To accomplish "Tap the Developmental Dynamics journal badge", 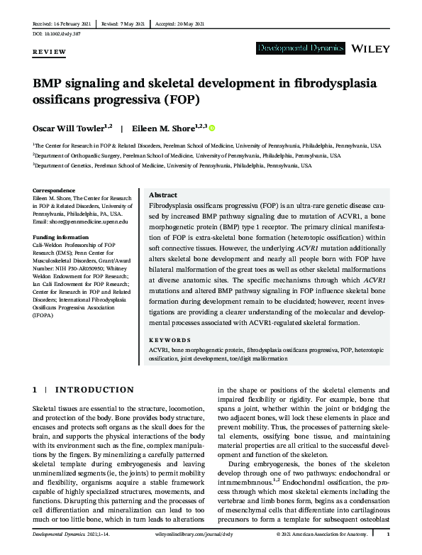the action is (x=300, y=48).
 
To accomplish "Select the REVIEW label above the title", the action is (x=49, y=53).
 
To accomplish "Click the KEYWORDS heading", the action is (x=171, y=339).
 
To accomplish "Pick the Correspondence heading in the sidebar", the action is (x=55, y=190).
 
